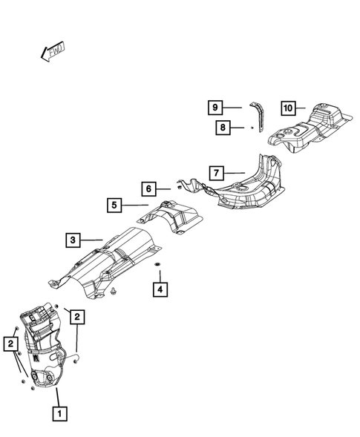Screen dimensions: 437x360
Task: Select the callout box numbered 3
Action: pos(72,240)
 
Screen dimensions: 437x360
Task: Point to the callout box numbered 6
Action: pos(148,189)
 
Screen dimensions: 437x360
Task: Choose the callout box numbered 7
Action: pos(215,174)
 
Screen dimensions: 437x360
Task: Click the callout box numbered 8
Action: pos(222,128)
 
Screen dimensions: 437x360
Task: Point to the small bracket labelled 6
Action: pos(189,185)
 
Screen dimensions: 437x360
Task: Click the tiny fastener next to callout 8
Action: pos(252,128)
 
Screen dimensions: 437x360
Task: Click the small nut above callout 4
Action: pos(158,265)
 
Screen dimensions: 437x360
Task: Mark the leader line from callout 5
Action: pos(138,205)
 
